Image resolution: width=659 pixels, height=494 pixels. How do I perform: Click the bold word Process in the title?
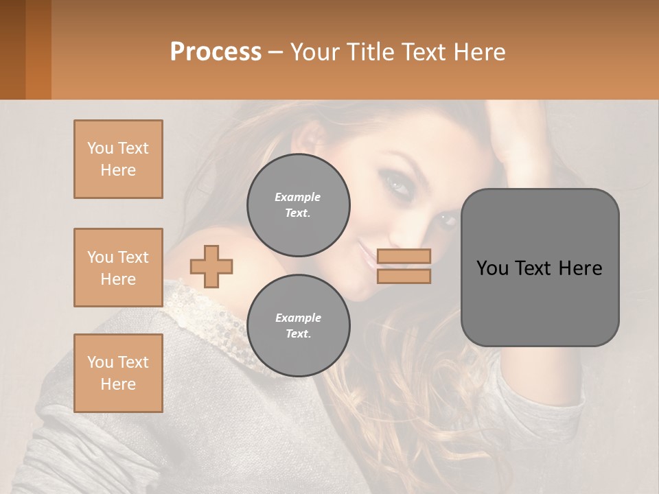point(216,52)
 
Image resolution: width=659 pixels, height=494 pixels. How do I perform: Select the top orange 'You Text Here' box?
point(118,159)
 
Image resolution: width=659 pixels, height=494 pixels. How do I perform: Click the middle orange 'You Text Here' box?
point(118,268)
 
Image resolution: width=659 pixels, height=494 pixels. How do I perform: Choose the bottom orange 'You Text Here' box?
point(118,373)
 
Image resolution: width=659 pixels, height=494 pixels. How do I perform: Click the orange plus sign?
point(211,266)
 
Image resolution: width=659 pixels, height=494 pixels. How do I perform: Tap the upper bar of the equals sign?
point(404,256)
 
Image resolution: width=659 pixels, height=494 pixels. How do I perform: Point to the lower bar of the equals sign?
point(404,276)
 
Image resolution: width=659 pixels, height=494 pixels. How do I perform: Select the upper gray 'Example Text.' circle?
point(298,205)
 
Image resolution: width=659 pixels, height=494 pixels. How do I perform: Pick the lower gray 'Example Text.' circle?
point(298,326)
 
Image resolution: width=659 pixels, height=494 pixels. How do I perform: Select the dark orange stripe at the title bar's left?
point(38,49)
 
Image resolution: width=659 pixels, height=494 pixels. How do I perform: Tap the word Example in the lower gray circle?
point(298,318)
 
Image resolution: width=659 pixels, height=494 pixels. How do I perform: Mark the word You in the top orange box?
point(100,148)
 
